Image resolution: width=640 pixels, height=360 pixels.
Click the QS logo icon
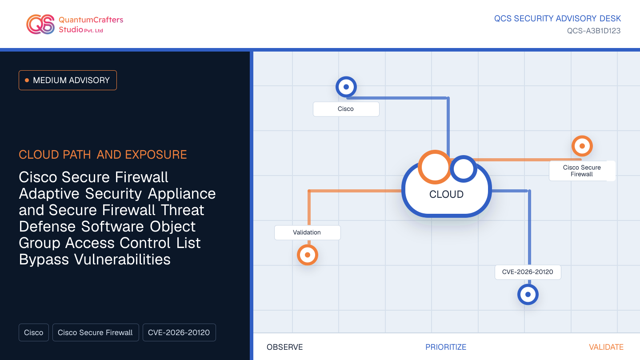click(40, 24)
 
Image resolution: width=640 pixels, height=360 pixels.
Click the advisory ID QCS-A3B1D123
click(594, 31)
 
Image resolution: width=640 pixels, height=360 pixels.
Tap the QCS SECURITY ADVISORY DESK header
click(557, 19)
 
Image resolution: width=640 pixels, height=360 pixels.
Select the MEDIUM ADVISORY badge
click(68, 80)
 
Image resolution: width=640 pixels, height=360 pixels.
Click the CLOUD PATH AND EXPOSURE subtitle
click(103, 155)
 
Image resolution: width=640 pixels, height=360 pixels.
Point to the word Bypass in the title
click(44, 260)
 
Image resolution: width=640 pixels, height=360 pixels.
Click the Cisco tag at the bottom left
click(34, 332)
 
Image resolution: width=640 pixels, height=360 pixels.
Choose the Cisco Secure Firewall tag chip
click(96, 332)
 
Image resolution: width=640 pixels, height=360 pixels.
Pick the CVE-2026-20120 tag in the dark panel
click(179, 332)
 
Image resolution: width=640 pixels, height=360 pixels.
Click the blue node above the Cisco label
click(346, 87)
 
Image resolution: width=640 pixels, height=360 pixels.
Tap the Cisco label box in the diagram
click(346, 109)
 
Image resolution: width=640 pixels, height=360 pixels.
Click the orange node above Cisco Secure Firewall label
click(582, 146)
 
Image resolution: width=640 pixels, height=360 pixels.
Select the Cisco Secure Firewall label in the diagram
click(582, 171)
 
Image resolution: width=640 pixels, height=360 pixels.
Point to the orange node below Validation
click(308, 255)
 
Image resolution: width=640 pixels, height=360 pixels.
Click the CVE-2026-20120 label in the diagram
click(528, 272)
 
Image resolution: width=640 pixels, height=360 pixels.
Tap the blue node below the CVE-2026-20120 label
click(528, 294)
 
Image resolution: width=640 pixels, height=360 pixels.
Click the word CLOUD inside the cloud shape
click(446, 195)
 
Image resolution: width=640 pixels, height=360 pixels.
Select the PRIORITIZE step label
click(446, 347)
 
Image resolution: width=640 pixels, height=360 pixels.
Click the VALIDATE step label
click(606, 347)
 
